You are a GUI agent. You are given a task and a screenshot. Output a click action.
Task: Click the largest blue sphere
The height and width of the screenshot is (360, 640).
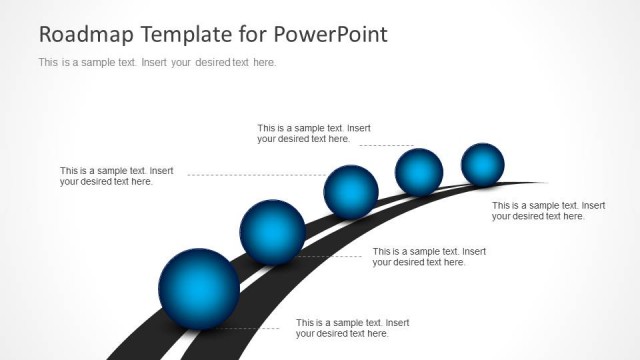199,288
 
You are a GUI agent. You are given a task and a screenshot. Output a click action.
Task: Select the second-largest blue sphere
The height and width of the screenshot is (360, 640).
272,233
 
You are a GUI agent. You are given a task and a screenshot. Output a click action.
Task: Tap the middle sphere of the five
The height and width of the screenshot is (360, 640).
351,192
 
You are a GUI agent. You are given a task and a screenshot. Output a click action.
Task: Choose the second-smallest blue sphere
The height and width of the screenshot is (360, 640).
419,172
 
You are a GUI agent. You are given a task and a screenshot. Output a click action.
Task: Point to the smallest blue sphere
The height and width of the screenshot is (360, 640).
483,164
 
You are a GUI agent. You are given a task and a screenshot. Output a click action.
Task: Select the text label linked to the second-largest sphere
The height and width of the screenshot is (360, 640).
429,257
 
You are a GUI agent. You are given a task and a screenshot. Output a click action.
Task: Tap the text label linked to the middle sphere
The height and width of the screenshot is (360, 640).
116,176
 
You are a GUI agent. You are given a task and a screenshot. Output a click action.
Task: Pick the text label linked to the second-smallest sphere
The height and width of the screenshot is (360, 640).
314,133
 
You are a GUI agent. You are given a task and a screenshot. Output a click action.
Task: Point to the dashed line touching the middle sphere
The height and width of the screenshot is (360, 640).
255,175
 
